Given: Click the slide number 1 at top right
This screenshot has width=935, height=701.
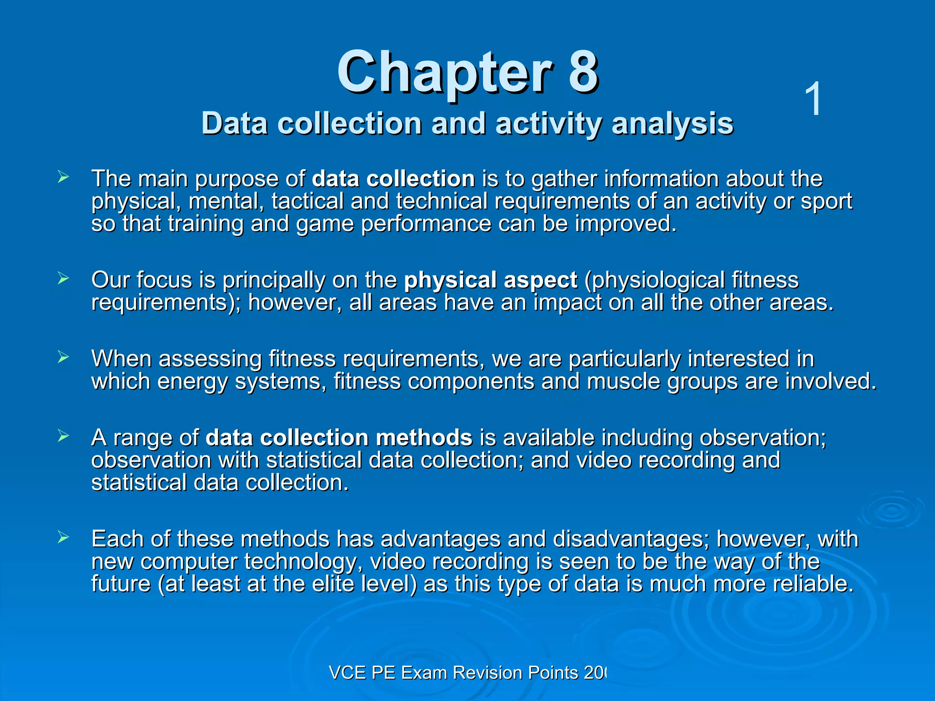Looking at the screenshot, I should tap(813, 99).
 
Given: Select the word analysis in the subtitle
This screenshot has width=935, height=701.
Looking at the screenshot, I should tap(672, 124).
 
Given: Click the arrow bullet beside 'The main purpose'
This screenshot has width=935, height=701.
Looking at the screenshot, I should tap(63, 177).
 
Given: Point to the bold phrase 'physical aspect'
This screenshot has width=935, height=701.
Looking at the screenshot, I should tap(490, 280).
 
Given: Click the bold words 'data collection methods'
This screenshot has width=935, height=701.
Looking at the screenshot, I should tap(339, 438).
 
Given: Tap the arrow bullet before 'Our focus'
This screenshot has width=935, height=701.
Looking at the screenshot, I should tap(63, 278).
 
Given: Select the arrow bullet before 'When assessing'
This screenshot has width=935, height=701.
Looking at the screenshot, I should tap(63, 357).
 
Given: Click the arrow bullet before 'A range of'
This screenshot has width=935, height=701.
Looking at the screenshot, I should tap(63, 436).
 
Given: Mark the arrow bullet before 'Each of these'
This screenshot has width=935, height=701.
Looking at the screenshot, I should tap(63, 537).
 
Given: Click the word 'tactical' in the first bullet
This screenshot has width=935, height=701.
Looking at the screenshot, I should tap(307, 201).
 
